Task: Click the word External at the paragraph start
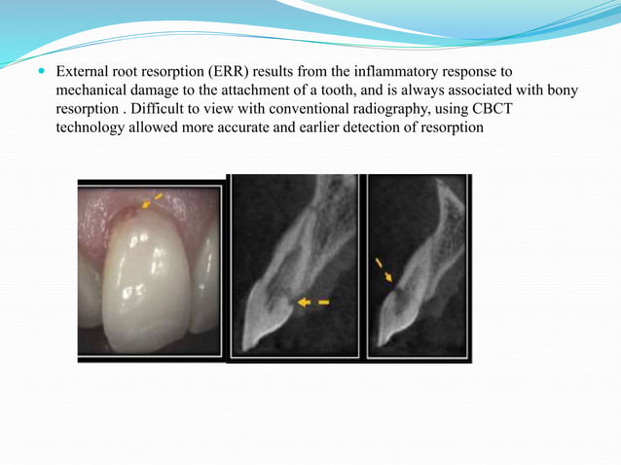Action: (83, 72)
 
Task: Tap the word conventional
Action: (318, 109)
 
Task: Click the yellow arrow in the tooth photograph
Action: (151, 200)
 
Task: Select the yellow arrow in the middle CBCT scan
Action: (312, 303)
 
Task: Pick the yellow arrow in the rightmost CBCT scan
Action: (383, 269)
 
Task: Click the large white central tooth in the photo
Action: (146, 282)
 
